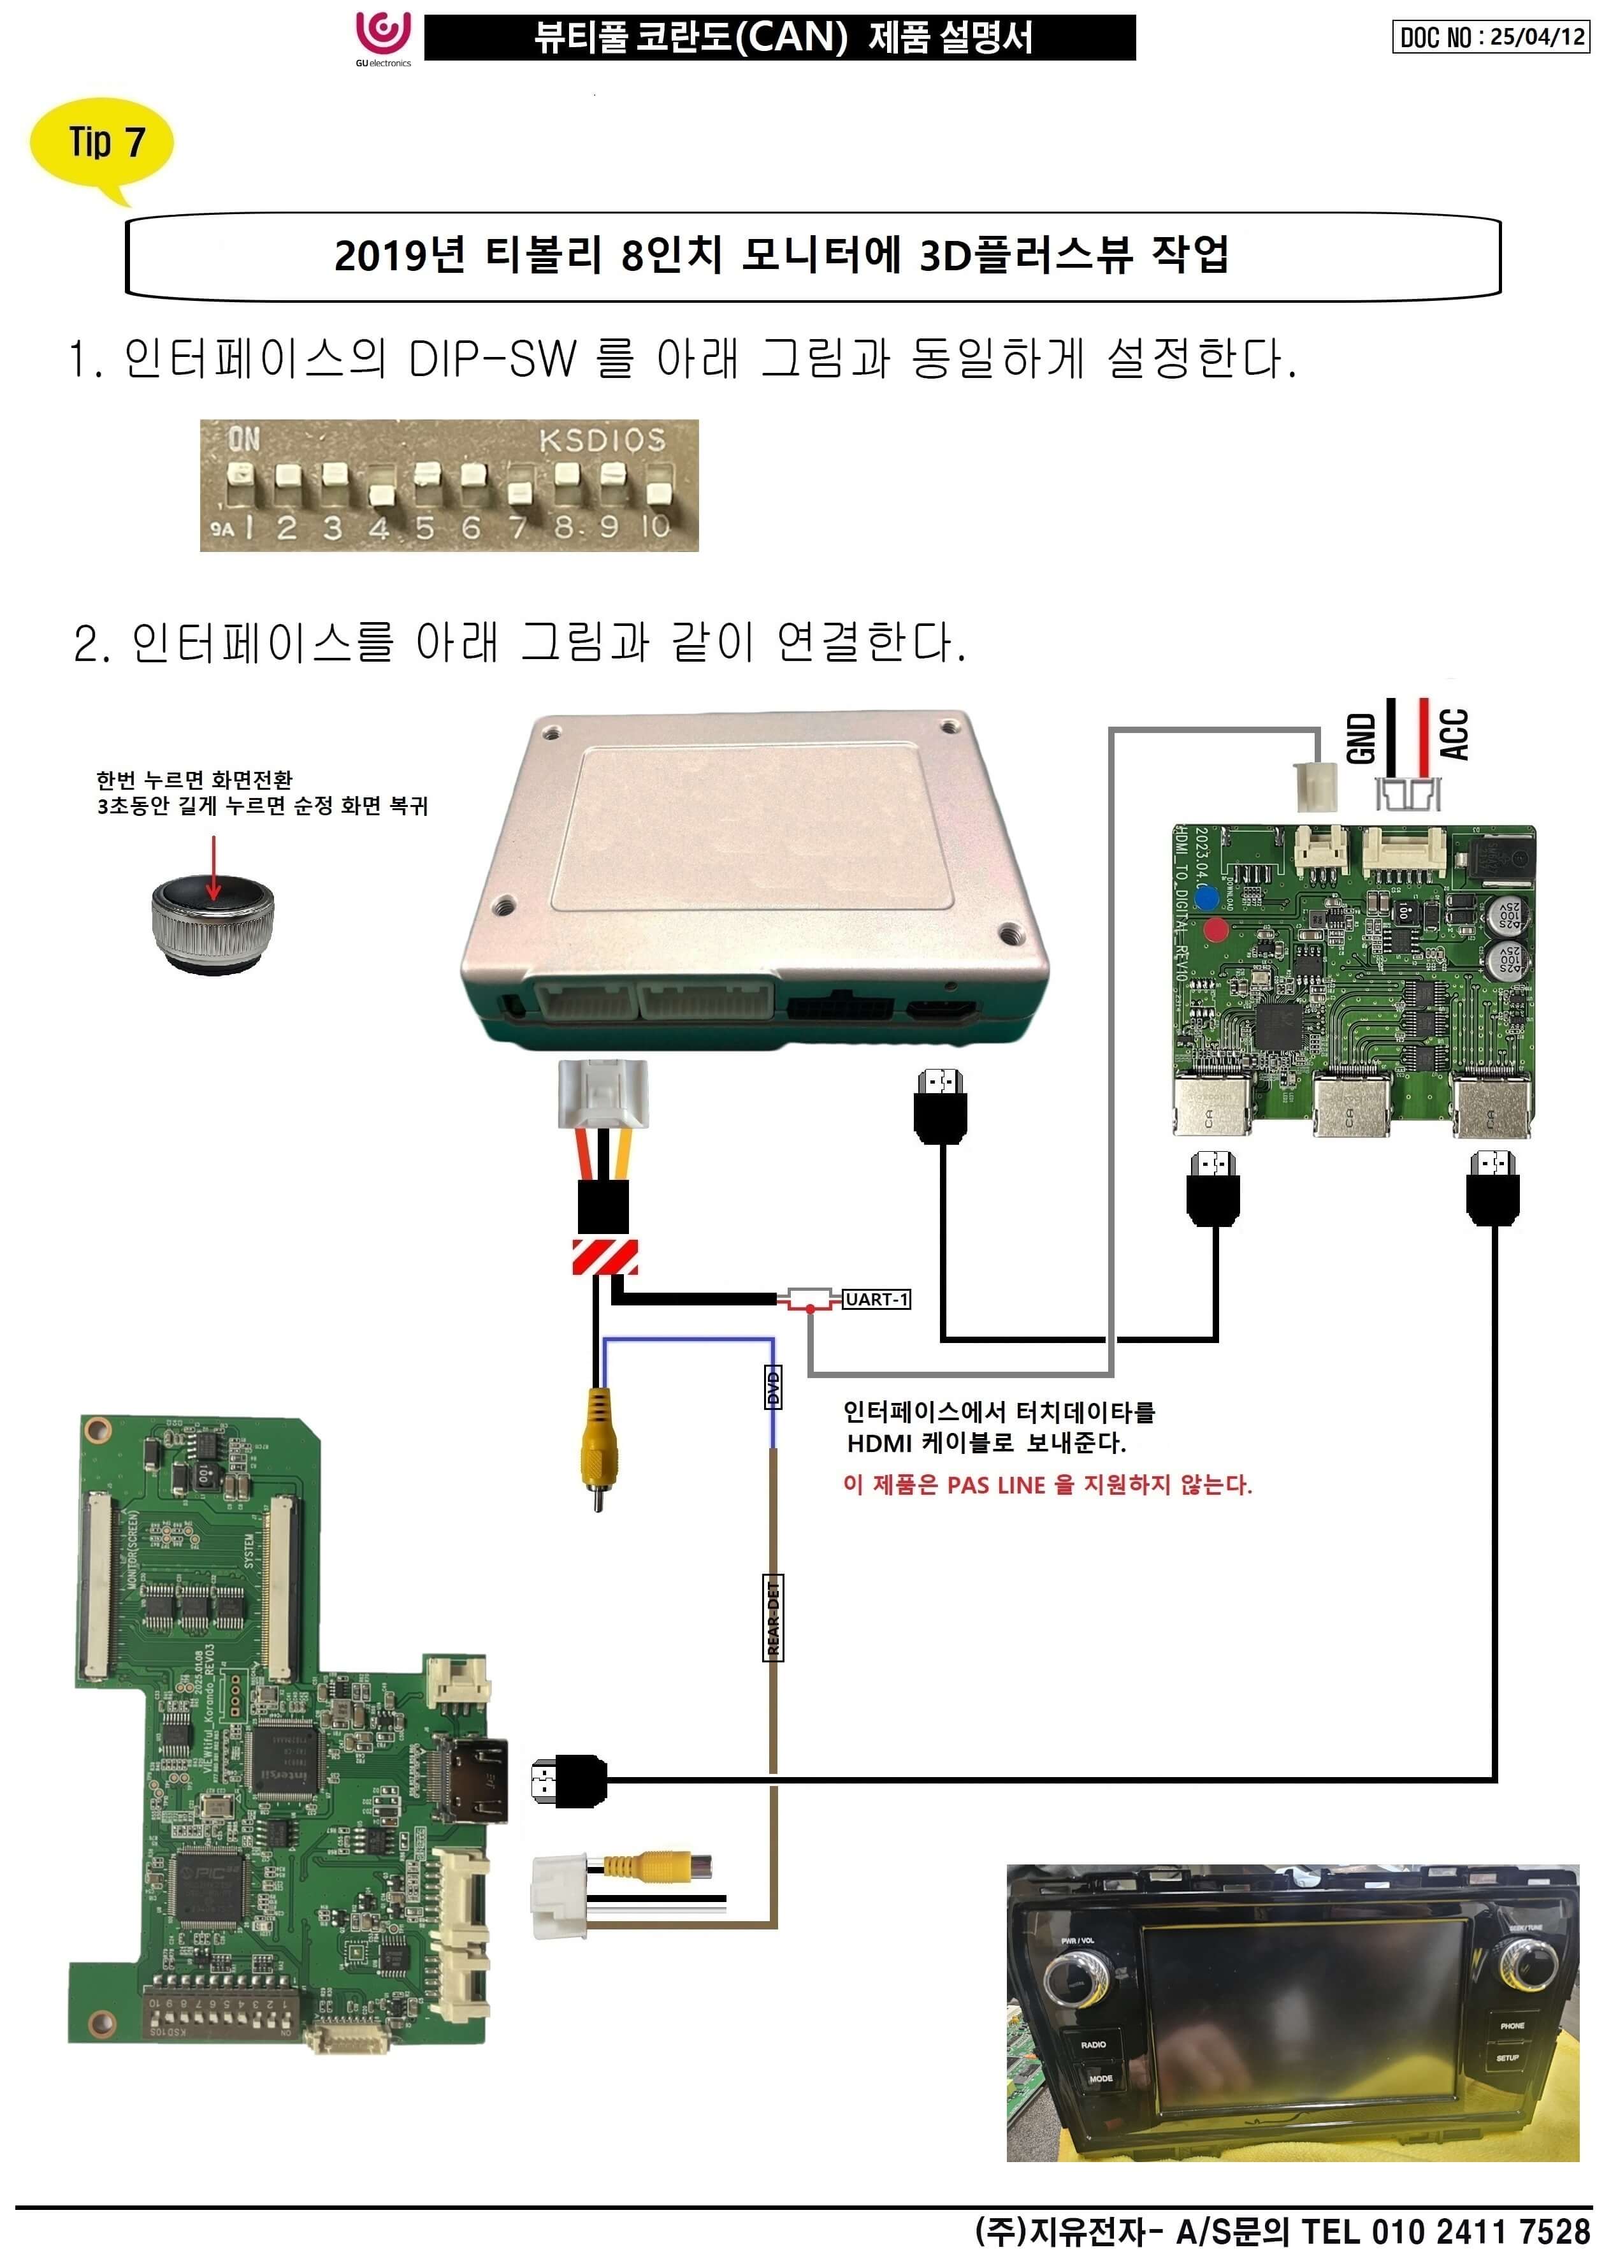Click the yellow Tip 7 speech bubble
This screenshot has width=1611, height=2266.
coord(103,144)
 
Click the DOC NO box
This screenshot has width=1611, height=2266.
coord(1490,37)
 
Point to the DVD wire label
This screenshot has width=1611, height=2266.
coord(773,1387)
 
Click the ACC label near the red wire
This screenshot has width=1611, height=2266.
coord(1453,734)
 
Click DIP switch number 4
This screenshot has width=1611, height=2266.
coord(378,493)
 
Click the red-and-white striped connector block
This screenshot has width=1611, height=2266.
coord(604,1257)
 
